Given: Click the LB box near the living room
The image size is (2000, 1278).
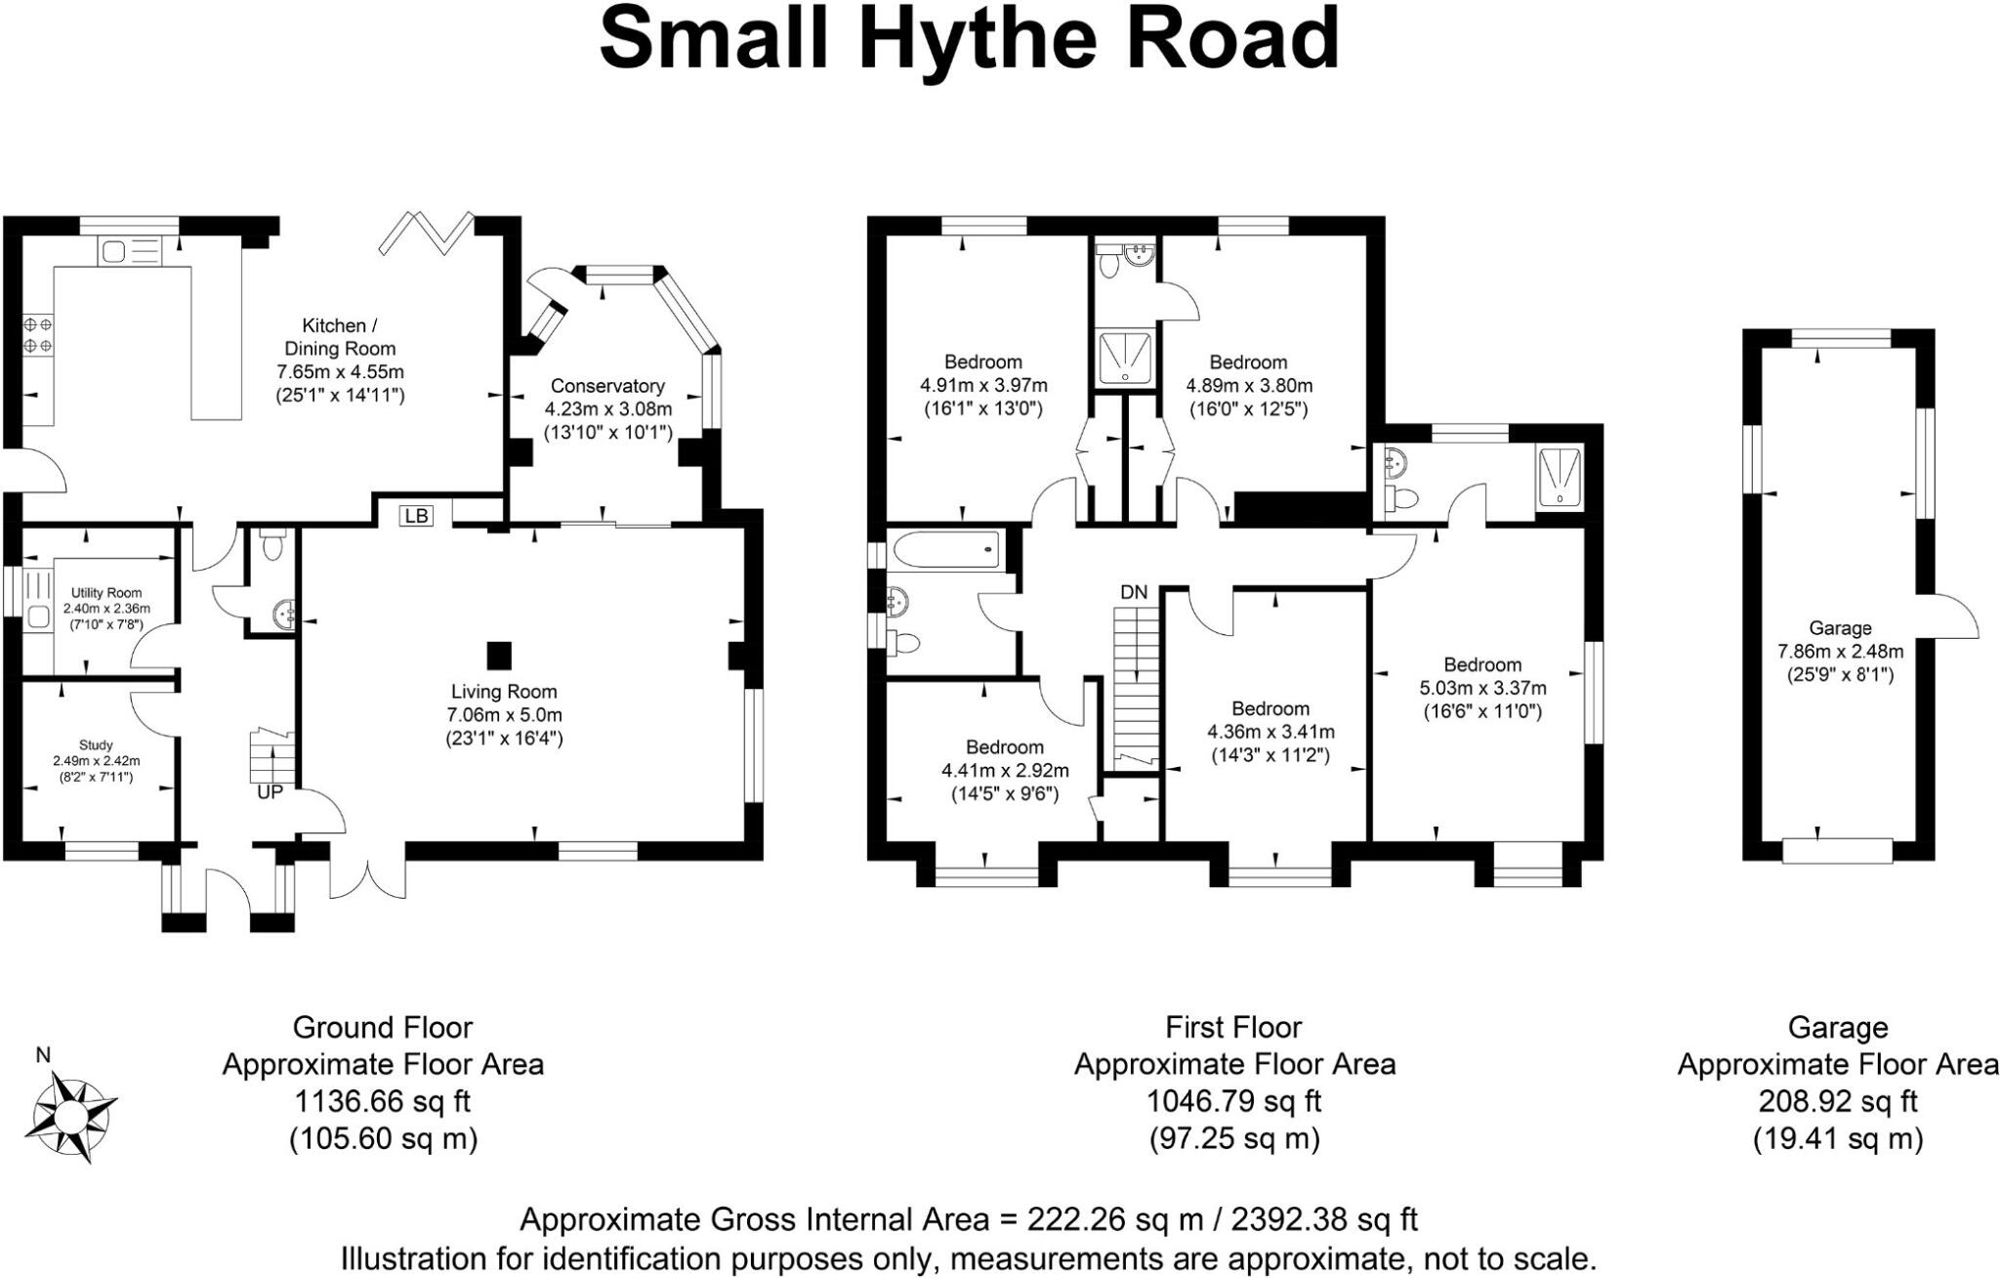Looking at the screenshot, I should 416,515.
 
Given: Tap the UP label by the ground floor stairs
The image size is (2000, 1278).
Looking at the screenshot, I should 270,792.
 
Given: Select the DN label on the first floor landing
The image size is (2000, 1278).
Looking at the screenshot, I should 1134,592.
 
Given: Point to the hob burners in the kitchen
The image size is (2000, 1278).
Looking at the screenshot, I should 38,334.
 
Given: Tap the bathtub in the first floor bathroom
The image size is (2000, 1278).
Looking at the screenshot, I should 944,549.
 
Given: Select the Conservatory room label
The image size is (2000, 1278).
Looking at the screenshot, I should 607,386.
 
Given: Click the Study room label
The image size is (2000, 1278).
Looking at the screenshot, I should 96,745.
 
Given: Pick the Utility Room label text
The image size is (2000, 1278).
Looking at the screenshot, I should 106,592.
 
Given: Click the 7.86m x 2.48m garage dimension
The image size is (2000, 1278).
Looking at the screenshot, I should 1840,651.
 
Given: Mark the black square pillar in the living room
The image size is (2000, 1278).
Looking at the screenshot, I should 499,653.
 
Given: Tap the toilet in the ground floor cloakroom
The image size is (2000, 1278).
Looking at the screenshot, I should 272,544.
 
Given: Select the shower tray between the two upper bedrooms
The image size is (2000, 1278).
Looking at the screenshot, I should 1126,357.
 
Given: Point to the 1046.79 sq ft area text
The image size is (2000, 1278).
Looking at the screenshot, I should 1233,1101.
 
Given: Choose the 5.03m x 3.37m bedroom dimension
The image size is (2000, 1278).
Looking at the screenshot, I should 1482,688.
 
